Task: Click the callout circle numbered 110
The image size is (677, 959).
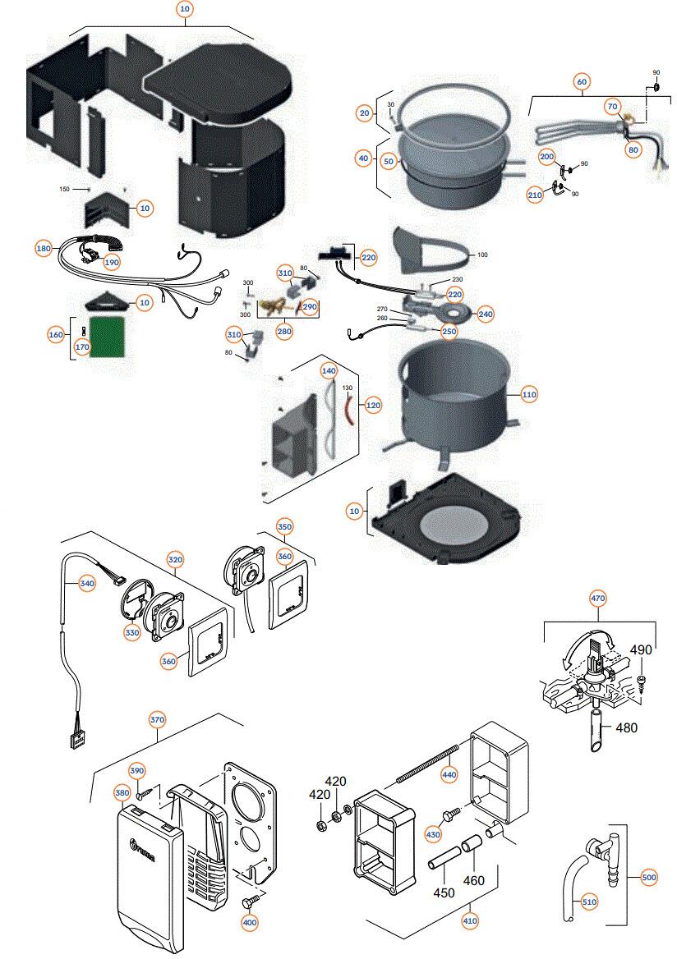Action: tap(529, 395)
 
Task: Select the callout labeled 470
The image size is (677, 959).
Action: tap(597, 599)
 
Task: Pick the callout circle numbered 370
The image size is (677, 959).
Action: tap(158, 719)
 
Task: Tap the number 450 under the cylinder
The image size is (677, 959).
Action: tap(444, 893)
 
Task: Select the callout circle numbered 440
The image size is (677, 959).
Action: tap(449, 773)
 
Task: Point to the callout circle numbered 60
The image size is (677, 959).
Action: tap(582, 81)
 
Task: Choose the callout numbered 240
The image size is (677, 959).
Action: tap(486, 314)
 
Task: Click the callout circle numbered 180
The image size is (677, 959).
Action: tap(44, 248)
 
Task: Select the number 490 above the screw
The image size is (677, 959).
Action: tap(640, 649)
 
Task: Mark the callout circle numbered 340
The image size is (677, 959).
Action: tap(87, 584)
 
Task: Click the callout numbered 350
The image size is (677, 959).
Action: tap(284, 525)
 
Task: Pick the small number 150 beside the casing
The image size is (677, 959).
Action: tap(65, 189)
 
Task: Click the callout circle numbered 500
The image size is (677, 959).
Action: tap(649, 877)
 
